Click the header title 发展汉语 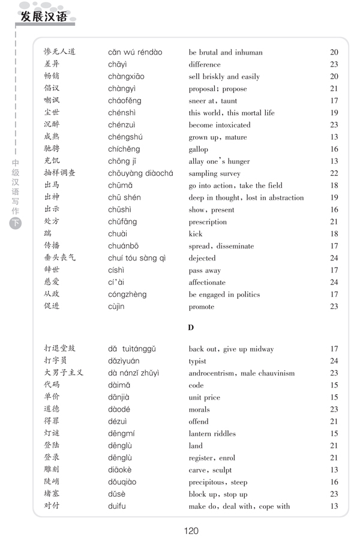coord(44,16)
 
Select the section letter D coord(191,328)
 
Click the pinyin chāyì coord(118,64)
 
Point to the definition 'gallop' coord(199,149)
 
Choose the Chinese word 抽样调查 coord(60,173)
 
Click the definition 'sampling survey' coord(214,173)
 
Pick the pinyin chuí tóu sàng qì coord(137,258)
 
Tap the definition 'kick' coord(196,234)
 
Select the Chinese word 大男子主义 coord(64,373)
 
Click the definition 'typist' coord(197,361)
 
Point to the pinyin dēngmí coord(122,433)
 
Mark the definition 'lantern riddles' coord(212,434)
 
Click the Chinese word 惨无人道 coord(60,52)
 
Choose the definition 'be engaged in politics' coord(224,295)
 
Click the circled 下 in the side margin coord(16,224)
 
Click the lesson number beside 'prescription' coord(334,222)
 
